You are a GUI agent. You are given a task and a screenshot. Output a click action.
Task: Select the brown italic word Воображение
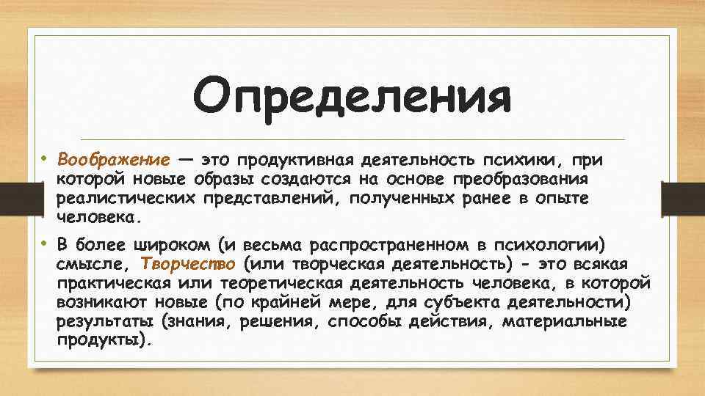click(114, 160)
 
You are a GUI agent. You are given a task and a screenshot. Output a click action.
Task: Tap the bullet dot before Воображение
click(43, 158)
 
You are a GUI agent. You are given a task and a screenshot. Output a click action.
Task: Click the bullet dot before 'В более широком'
click(43, 243)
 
